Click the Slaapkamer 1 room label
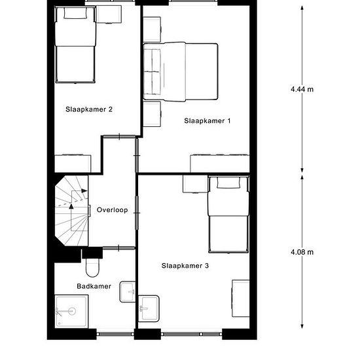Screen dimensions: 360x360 pyautogui.click(x=207, y=121)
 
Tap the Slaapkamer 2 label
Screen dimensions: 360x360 pyautogui.click(x=89, y=109)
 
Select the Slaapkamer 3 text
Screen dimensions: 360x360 pyautogui.click(x=185, y=266)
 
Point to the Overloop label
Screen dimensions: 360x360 pyautogui.click(x=113, y=210)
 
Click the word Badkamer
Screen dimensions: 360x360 pyautogui.click(x=94, y=286)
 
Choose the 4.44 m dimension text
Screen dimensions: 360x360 pyautogui.click(x=302, y=89)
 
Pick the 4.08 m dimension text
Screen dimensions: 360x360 pyautogui.click(x=302, y=252)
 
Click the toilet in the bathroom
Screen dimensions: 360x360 pyautogui.click(x=92, y=268)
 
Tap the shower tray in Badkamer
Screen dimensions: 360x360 pyautogui.click(x=71, y=312)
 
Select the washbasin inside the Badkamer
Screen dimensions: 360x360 pyautogui.click(x=128, y=292)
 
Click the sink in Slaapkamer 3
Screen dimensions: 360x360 pyautogui.click(x=149, y=308)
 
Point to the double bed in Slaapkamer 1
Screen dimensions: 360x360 pyautogui.click(x=181, y=71)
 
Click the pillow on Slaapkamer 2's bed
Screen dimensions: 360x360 pyautogui.click(x=75, y=13)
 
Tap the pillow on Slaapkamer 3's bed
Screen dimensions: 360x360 pyautogui.click(x=228, y=183)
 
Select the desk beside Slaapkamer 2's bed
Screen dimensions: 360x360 pyautogui.click(x=109, y=14)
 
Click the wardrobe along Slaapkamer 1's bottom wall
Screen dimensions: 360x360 pyautogui.click(x=220, y=164)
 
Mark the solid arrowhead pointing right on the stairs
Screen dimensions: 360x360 pyautogui.click(x=84, y=190)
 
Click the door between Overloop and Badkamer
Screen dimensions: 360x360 pyautogui.click(x=118, y=248)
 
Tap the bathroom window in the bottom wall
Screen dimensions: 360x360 pyautogui.click(x=115, y=334)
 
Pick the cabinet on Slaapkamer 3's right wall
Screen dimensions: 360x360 pyautogui.click(x=241, y=298)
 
